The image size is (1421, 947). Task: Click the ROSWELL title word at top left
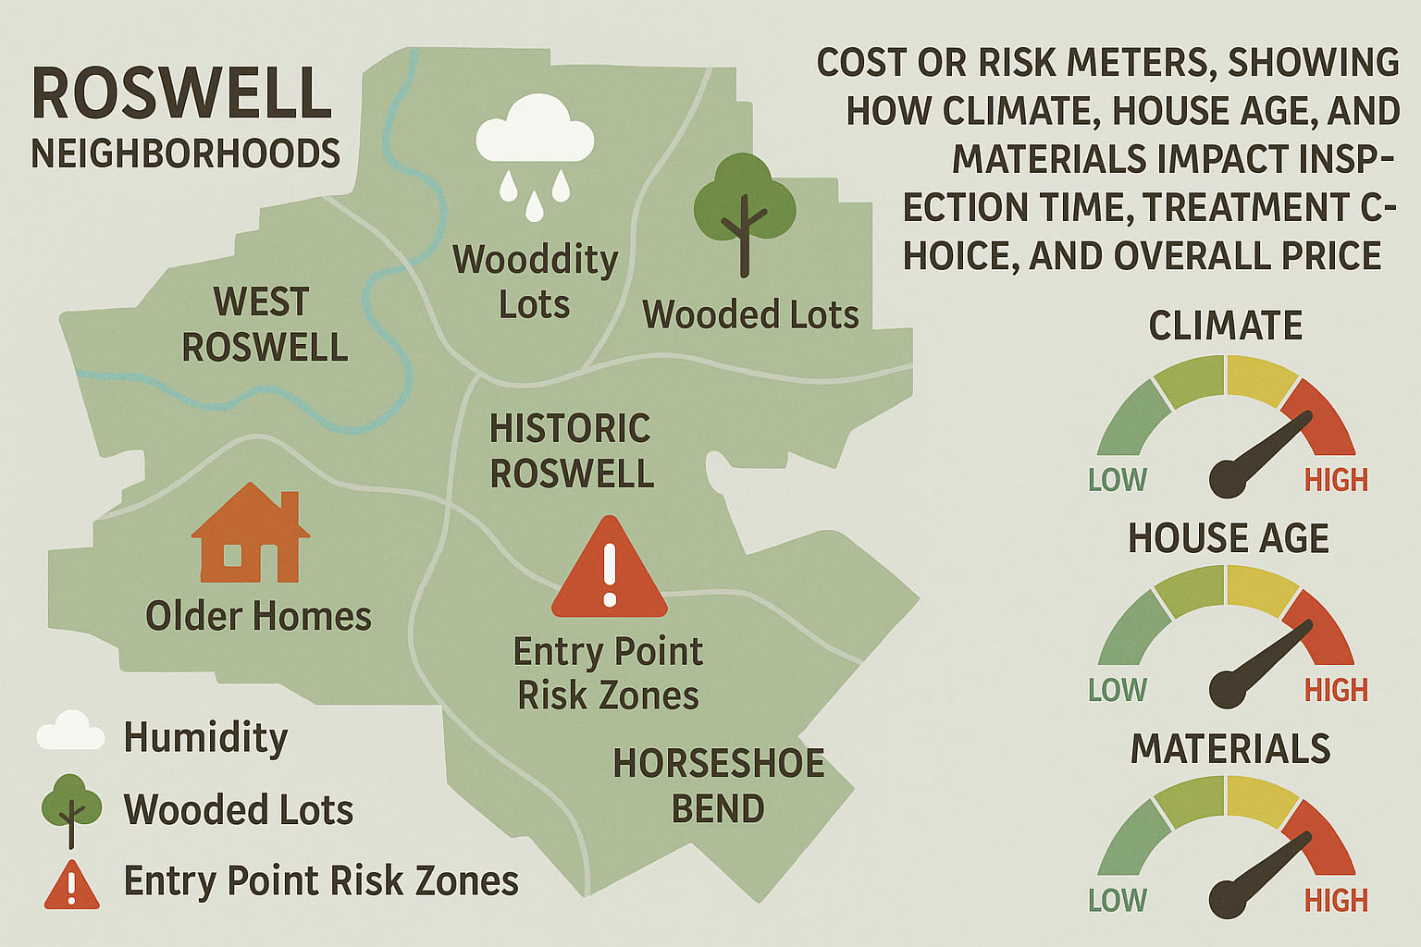(181, 93)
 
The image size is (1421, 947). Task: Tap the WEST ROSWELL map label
(264, 325)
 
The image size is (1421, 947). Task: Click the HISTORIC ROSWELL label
(571, 451)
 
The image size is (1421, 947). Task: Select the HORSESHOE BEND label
(719, 785)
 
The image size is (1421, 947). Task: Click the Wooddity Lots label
(535, 281)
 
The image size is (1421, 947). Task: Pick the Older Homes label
(258, 616)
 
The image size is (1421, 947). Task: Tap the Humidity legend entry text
(205, 737)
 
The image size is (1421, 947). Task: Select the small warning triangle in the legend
(71, 885)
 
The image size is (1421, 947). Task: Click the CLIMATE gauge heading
(1225, 326)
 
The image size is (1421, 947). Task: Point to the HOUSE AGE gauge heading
(1228, 538)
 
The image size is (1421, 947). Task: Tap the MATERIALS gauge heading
(1229, 748)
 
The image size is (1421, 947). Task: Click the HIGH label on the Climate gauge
(1335, 480)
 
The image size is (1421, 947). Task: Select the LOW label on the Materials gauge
(1117, 900)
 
